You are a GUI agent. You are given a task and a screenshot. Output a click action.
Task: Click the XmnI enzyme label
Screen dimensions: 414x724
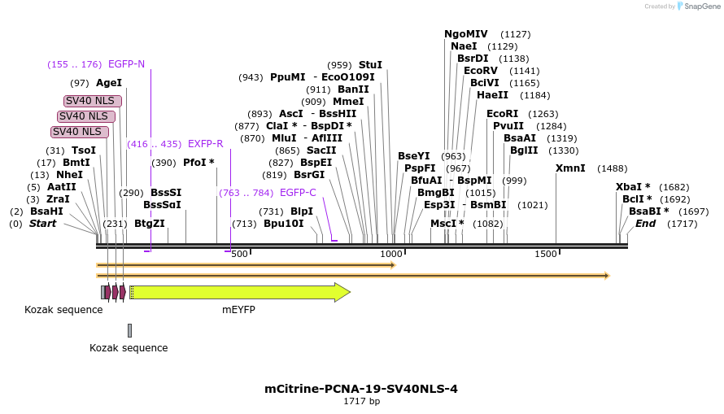[x=570, y=168]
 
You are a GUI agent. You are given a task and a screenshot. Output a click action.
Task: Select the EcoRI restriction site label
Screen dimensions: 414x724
[x=502, y=114]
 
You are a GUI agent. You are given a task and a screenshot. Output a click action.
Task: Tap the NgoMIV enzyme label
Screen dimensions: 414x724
[x=466, y=34]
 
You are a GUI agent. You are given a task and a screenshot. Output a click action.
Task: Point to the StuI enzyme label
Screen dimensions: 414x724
[x=370, y=65]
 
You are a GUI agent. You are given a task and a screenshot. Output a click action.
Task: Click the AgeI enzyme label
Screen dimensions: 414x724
[x=109, y=83]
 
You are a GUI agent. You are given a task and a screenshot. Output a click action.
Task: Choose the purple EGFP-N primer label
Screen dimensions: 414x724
[x=126, y=64]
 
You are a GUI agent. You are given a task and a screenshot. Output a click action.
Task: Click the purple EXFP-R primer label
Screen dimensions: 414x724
[x=205, y=144]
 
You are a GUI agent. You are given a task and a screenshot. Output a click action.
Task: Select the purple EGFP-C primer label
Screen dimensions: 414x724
[x=298, y=193]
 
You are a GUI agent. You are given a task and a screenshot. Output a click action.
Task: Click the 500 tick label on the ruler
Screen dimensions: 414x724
[x=239, y=255]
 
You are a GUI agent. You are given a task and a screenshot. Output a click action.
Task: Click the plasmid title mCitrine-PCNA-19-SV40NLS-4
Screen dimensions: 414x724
[x=361, y=389]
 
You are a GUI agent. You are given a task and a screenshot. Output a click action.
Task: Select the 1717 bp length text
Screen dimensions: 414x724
[x=361, y=402]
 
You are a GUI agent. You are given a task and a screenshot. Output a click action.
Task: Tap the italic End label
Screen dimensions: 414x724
[x=645, y=223]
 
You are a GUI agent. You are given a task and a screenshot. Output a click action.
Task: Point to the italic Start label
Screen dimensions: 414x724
[x=43, y=223]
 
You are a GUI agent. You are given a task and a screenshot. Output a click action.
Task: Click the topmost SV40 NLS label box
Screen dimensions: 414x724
[x=94, y=101]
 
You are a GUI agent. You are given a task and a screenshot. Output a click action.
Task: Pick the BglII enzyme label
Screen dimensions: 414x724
[x=524, y=150]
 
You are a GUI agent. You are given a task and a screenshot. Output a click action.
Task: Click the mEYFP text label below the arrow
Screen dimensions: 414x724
[x=239, y=310]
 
